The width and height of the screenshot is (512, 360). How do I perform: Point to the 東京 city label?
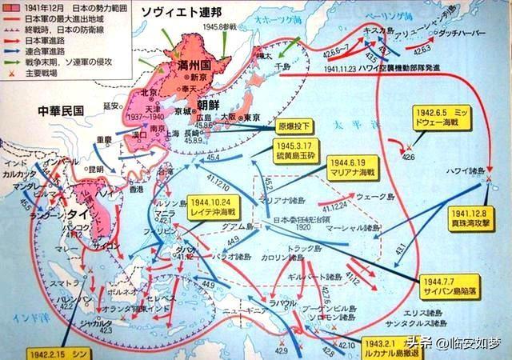point(253,117)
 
